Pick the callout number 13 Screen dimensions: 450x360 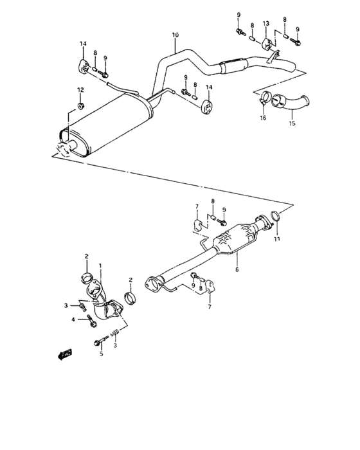pos(266,23)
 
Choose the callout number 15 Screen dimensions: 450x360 pos(292,124)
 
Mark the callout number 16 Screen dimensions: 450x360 pos(262,118)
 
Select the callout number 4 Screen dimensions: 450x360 pos(74,319)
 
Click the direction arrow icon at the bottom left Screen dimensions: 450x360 pos(64,353)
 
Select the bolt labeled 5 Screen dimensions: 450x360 pos(96,341)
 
